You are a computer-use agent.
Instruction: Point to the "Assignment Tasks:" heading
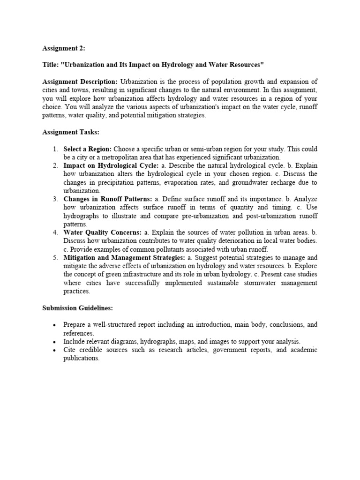tap(70, 132)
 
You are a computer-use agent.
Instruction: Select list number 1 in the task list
tap(55, 149)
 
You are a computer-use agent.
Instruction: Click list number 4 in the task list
tap(55, 232)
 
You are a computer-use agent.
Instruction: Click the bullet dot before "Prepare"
tap(55, 325)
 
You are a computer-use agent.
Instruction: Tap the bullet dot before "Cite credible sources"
tap(55, 351)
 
